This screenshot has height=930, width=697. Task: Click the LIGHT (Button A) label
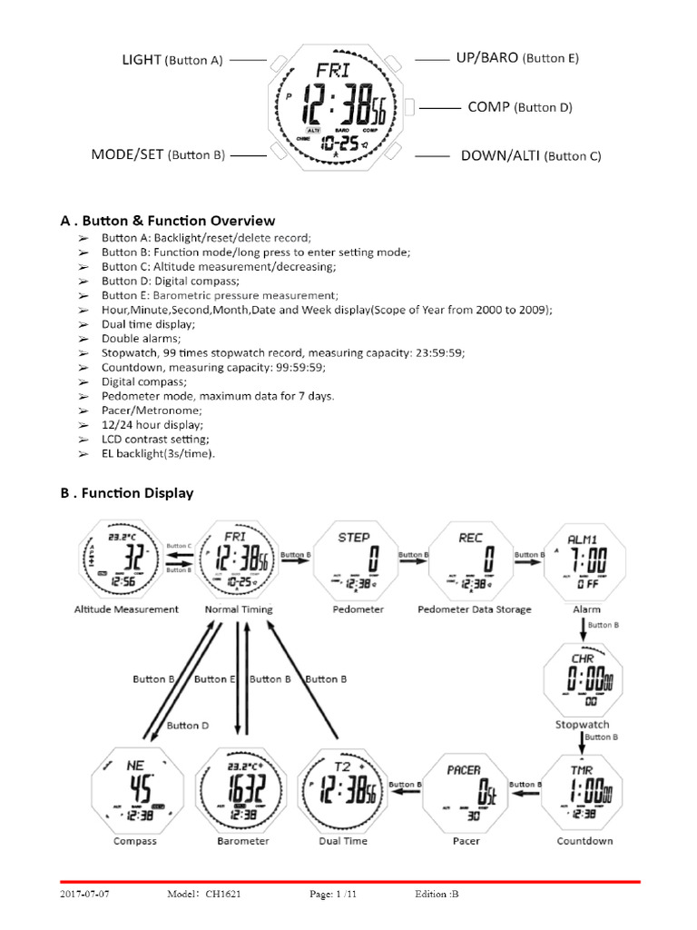[172, 60]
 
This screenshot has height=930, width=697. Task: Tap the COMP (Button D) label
[520, 107]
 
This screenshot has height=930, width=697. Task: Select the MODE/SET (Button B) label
[157, 154]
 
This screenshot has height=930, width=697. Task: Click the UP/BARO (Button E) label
[516, 58]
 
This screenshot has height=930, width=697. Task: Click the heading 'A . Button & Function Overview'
[168, 221]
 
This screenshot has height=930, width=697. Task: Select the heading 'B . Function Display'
[127, 493]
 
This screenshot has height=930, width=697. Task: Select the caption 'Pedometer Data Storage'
[474, 608]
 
